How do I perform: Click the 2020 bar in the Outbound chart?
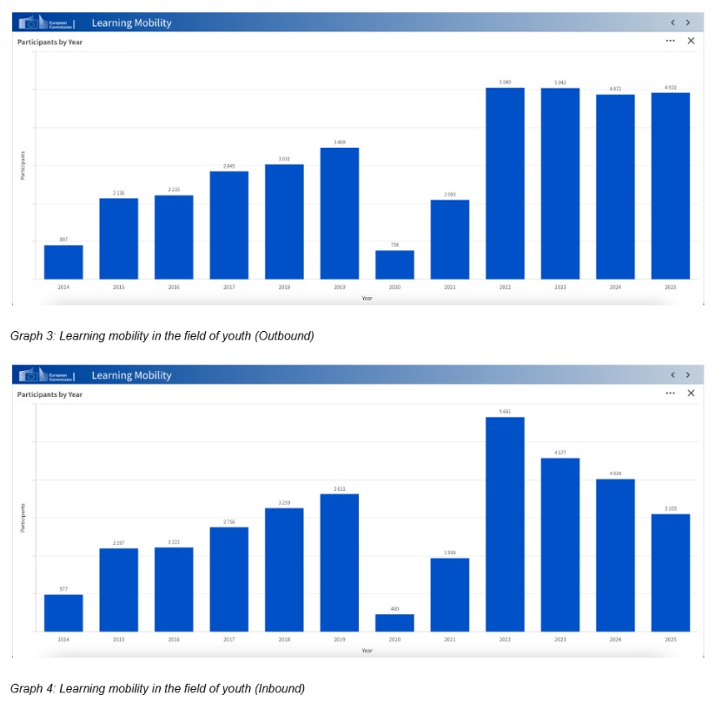pos(394,264)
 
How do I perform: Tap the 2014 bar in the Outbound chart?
pos(63,262)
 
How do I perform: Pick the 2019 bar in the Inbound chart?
pos(339,562)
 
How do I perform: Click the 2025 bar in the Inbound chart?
pos(670,573)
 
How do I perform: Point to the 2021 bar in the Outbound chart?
pos(449,239)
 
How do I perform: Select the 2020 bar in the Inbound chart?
pos(394,622)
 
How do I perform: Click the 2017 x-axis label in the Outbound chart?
pos(228,287)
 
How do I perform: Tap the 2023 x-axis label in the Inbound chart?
pos(559,639)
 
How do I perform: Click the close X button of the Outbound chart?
pos(691,41)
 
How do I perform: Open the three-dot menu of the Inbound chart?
pos(670,394)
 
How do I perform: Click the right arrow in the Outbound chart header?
pos(688,23)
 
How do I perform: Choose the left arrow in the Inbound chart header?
pos(672,375)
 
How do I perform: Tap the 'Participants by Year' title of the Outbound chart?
pos(50,42)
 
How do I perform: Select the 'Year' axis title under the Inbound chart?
pos(367,650)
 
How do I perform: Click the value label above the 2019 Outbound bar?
pos(339,142)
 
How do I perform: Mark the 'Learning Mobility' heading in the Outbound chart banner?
pos(131,23)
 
